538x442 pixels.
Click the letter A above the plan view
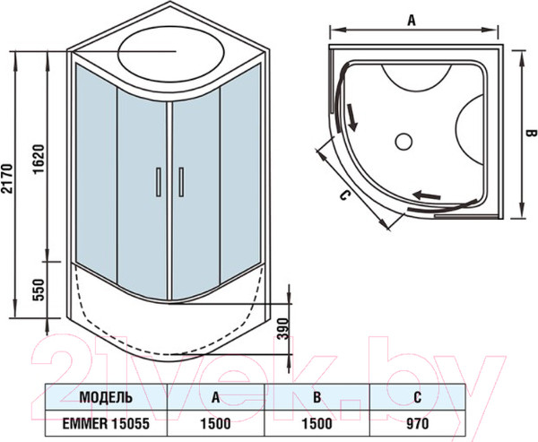click(411, 18)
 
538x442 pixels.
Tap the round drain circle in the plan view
click(403, 141)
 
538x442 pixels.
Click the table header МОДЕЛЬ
click(107, 396)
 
